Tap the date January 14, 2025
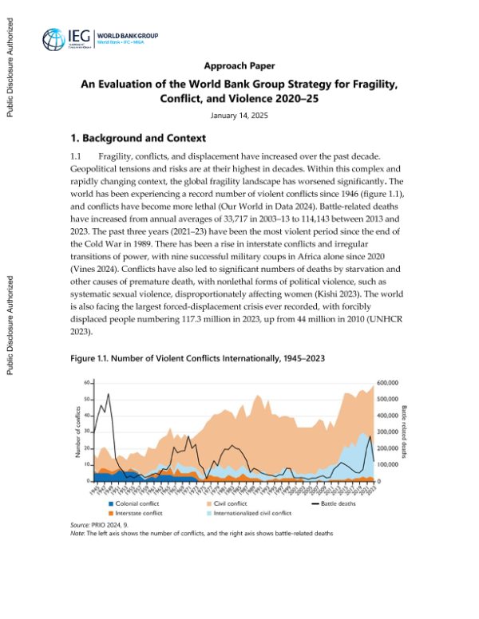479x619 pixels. (239, 116)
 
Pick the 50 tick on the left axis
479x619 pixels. (86, 399)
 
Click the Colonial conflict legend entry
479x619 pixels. (132, 504)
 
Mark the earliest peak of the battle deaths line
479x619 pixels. (109, 394)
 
